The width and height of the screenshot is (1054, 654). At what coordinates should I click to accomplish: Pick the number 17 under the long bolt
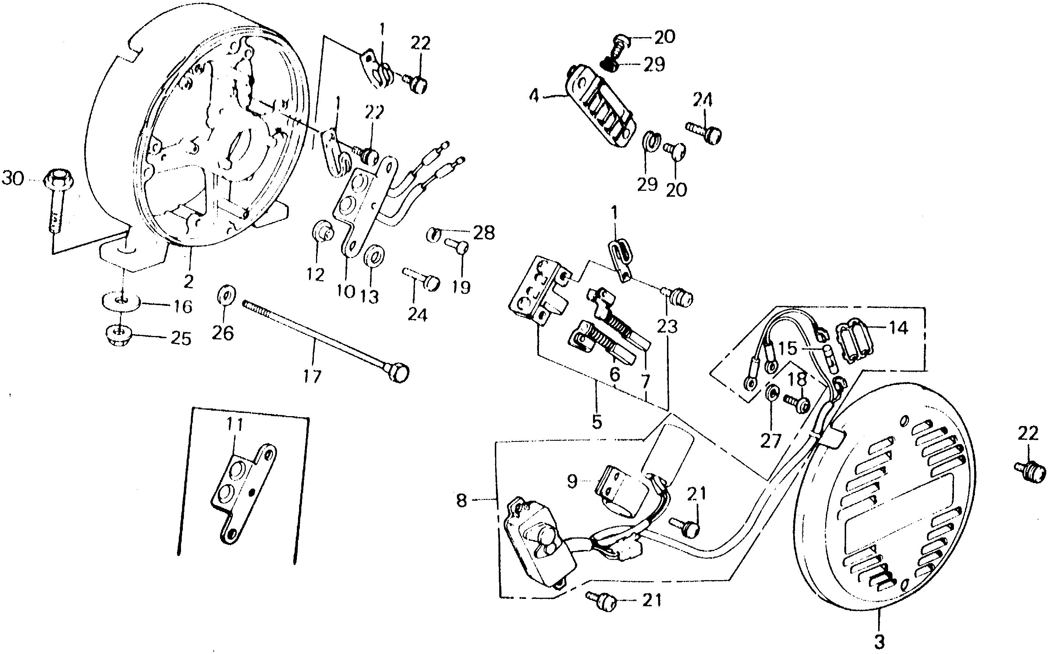coord(312,376)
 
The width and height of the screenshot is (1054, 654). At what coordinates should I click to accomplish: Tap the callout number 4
coord(535,96)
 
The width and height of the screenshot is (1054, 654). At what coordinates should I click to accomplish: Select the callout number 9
coord(572,481)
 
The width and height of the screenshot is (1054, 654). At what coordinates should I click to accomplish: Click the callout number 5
coord(597,422)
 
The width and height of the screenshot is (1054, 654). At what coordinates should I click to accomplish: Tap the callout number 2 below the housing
coord(188,282)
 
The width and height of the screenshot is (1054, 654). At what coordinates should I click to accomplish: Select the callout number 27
coord(770,441)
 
